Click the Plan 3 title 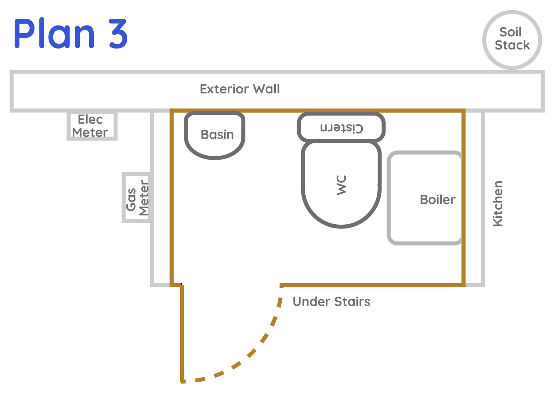tap(71, 33)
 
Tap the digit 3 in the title tap(118, 33)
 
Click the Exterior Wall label tap(240, 89)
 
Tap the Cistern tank tap(341, 114)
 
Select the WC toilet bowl tap(342, 226)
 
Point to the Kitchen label tap(498, 204)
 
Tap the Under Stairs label tap(331, 302)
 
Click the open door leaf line tap(182, 333)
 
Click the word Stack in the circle tap(512, 45)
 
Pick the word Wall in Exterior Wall tap(266, 89)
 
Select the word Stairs tap(352, 302)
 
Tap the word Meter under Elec tap(90, 132)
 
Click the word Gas tap(131, 200)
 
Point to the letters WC tap(341, 185)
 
